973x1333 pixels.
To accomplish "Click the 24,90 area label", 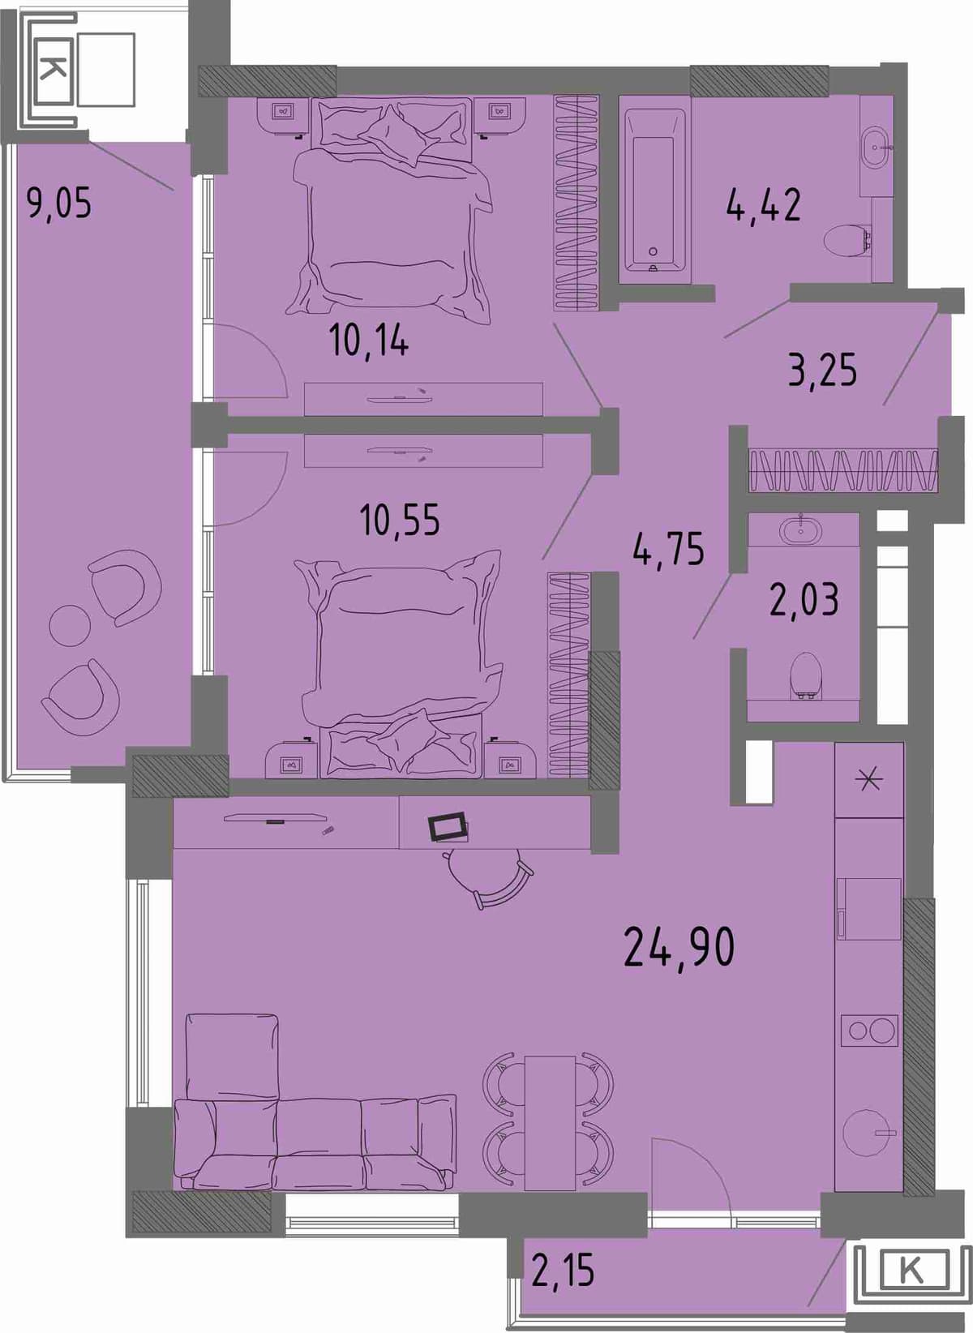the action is pos(679,947).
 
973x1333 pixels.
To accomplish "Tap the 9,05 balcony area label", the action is pos(59,203).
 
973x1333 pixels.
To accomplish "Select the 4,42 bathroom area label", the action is pos(764,204).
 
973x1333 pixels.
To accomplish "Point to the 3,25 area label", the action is pos(822,370).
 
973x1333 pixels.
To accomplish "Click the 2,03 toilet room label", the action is pos(804,599).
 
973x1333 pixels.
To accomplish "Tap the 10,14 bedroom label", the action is pos(368,341).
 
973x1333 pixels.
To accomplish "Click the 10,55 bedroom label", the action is pos(399,519).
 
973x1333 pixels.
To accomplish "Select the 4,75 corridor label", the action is pos(668,548).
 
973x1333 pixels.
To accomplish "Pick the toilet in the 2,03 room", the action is pos(806,676).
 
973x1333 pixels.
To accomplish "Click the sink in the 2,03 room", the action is pos(802,529).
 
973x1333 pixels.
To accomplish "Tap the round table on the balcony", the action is pos(70,625).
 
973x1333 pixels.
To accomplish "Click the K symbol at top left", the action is pos(54,70).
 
